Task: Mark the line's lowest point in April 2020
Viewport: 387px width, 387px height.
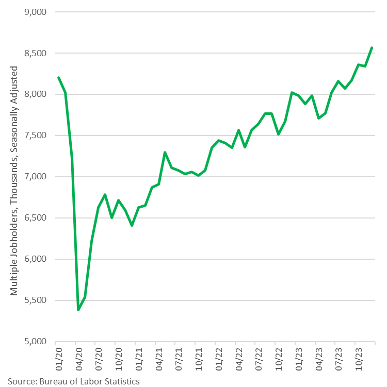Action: [78, 310]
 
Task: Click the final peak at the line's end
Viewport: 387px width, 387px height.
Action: [372, 48]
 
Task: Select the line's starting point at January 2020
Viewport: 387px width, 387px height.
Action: [58, 78]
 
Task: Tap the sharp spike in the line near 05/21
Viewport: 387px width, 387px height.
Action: [165, 153]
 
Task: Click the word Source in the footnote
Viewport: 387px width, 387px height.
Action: [21, 381]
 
